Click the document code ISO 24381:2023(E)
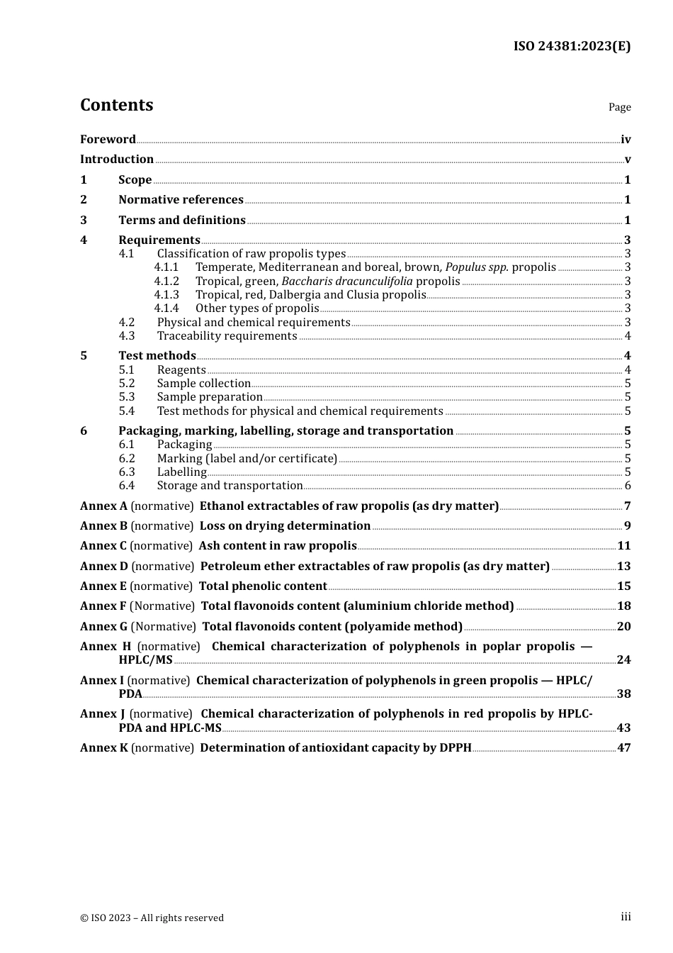pos(572,46)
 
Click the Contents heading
pos(116,105)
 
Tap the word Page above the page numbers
pos(619,107)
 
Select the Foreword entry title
pos(108,140)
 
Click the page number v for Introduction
pos(627,160)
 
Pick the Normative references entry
pos(181,200)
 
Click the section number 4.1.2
pos(166,282)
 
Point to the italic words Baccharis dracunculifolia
pos(346,282)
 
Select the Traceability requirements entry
pos(227,336)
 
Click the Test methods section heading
pos(157,356)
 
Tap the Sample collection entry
pos(204,384)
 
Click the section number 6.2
pos(126,459)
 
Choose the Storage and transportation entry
pos(230,486)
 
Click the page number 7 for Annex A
pos(627,506)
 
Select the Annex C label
pos(103,546)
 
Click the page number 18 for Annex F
pos(623,606)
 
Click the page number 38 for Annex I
pos(623,694)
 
